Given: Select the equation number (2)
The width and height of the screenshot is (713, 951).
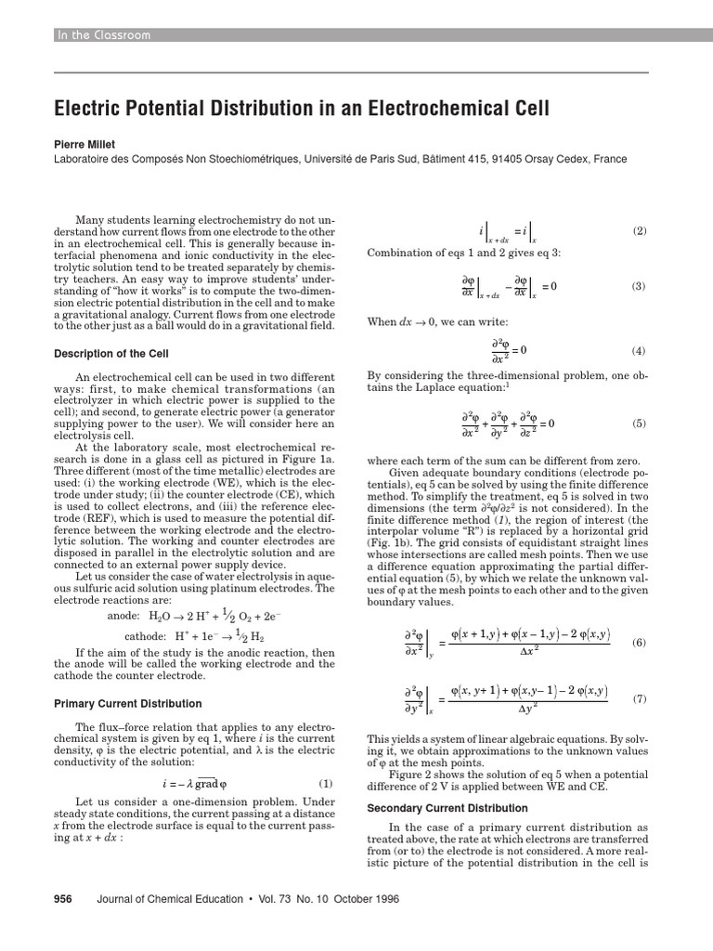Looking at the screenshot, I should point(639,231).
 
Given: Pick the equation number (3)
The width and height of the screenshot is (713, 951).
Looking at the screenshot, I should point(639,286).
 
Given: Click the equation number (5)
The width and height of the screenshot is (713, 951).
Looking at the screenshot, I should point(639,423).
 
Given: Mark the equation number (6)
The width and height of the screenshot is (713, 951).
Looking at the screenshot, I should point(639,643).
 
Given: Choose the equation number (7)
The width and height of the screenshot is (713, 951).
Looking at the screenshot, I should point(639,697).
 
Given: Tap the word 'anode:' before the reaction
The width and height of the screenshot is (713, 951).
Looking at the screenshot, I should point(123,615).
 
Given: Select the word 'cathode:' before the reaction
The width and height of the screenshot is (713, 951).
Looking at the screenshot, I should point(146,636).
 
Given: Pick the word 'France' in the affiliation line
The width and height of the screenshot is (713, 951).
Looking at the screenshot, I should point(610,160).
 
